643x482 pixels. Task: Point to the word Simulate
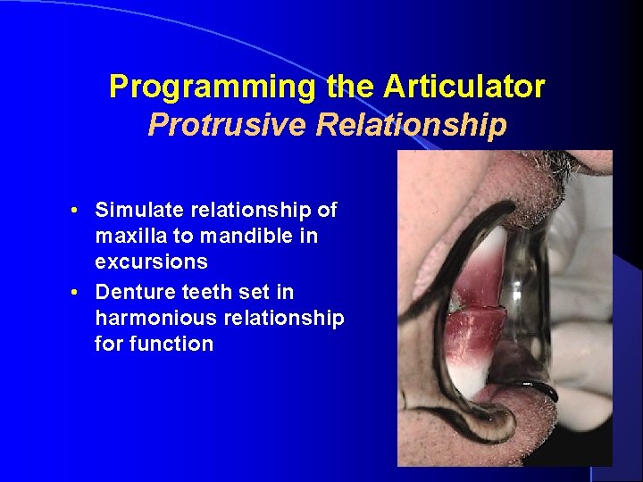tap(137, 211)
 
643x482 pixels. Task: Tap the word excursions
tap(151, 262)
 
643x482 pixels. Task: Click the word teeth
tap(198, 293)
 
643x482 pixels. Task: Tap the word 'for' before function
tap(110, 345)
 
